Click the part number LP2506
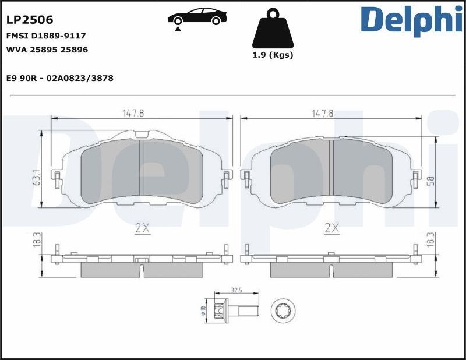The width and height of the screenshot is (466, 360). click(x=30, y=20)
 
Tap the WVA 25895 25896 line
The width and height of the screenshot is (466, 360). click(x=47, y=50)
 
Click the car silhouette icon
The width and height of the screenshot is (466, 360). click(x=197, y=17)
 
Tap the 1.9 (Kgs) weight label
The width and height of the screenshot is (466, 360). click(x=273, y=55)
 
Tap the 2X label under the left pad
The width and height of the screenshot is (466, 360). click(x=142, y=228)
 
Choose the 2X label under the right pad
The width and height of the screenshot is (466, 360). click(x=331, y=228)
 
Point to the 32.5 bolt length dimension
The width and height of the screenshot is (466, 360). click(x=236, y=289)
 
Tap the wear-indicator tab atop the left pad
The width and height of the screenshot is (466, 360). click(x=142, y=135)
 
